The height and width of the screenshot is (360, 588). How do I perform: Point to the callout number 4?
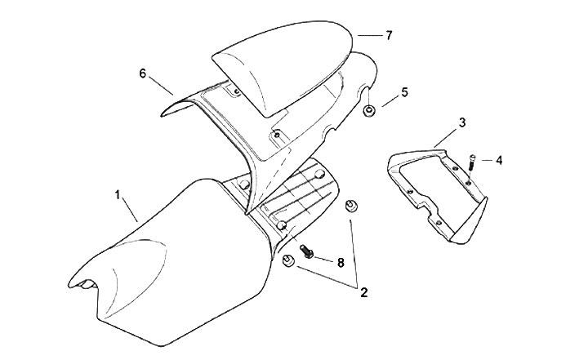(498, 160)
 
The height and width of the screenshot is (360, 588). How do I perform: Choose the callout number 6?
(143, 73)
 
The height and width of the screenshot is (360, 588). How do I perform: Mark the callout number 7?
(389, 36)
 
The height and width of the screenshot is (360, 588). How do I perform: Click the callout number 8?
(340, 263)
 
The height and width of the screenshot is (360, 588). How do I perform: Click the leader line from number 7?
(370, 36)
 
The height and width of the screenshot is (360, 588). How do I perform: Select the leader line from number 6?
(163, 84)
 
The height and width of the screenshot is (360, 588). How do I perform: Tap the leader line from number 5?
(387, 100)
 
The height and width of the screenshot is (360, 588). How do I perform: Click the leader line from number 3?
(448, 135)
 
